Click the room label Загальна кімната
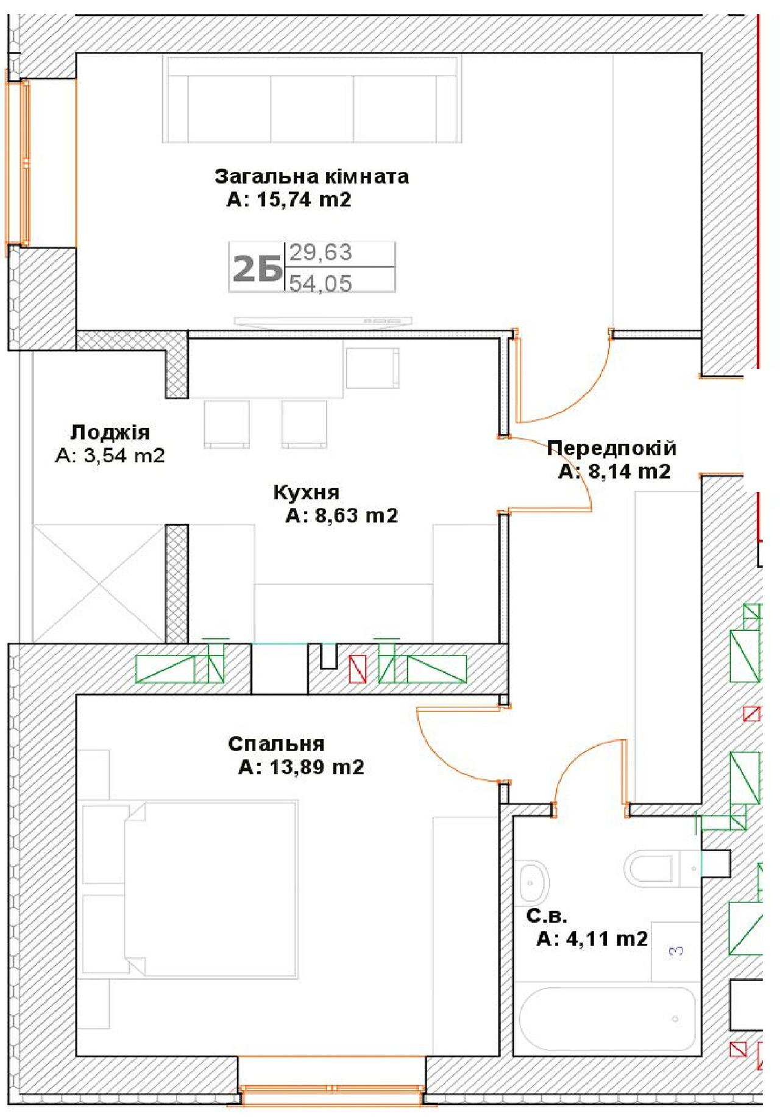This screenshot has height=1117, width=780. (311, 177)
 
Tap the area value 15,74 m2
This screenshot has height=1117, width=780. (304, 199)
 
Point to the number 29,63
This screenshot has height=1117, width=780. (321, 252)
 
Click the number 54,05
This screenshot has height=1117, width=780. (321, 284)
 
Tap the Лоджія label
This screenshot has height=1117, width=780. (110, 432)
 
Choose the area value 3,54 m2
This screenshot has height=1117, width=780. (124, 455)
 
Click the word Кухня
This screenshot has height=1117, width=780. (306, 492)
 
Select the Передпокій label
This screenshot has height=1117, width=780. (612, 448)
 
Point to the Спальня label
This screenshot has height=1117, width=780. (276, 744)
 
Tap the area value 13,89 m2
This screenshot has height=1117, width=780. (317, 767)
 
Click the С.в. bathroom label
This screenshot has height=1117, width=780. (546, 916)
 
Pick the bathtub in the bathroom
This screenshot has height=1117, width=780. (607, 1019)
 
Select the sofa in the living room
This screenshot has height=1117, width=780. (312, 99)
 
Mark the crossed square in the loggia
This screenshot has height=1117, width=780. (99, 583)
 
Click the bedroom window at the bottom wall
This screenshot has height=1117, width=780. (331, 1089)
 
